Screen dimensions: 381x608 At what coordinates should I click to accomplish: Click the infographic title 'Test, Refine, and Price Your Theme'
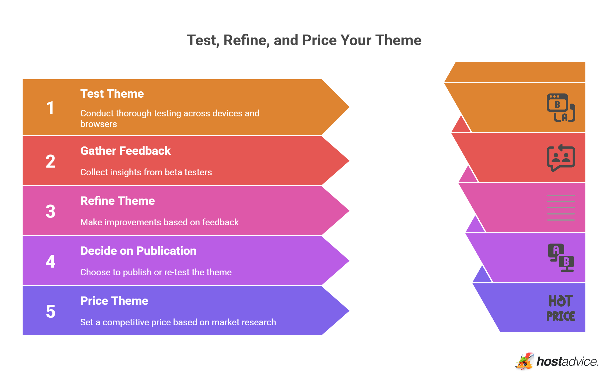pos(304,40)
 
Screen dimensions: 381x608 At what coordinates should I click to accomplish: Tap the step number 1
pos(50,108)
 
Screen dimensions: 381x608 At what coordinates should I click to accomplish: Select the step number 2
pos(51,161)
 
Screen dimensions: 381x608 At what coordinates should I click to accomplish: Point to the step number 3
pos(51,211)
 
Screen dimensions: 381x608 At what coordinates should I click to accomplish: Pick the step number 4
pos(51,261)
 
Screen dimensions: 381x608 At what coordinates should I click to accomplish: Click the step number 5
pos(51,311)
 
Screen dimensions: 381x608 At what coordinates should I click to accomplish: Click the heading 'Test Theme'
pos(112,94)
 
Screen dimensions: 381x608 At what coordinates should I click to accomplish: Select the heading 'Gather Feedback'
pos(125,151)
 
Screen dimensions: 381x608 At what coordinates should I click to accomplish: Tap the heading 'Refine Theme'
pos(117,201)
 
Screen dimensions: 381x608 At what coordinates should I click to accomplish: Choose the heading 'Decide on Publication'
pos(138,251)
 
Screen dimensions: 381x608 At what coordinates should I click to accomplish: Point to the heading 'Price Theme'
pos(114,301)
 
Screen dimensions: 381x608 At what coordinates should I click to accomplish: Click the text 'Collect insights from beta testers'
pos(146,172)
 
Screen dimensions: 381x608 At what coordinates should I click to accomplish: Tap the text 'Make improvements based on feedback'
pos(159,222)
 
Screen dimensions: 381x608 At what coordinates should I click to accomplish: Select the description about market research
pos(178,322)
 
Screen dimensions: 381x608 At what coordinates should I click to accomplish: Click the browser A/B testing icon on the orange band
pos(561,108)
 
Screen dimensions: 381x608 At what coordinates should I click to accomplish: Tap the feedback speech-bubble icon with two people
pos(561,158)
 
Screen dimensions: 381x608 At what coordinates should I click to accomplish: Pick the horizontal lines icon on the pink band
pos(561,208)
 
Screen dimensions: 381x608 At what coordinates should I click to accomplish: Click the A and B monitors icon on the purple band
pos(561,258)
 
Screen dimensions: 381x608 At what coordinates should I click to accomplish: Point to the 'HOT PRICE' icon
pos(561,308)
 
